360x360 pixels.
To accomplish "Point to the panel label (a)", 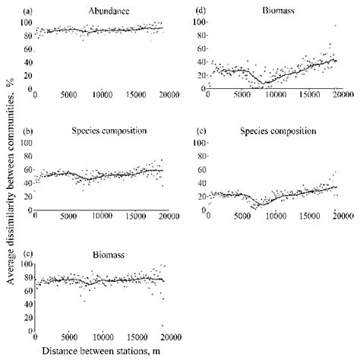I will [28, 11].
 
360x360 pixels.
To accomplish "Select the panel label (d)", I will [202, 11].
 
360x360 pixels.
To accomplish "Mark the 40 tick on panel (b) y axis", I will [27, 182].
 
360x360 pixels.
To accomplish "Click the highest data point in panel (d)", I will [335, 27].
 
